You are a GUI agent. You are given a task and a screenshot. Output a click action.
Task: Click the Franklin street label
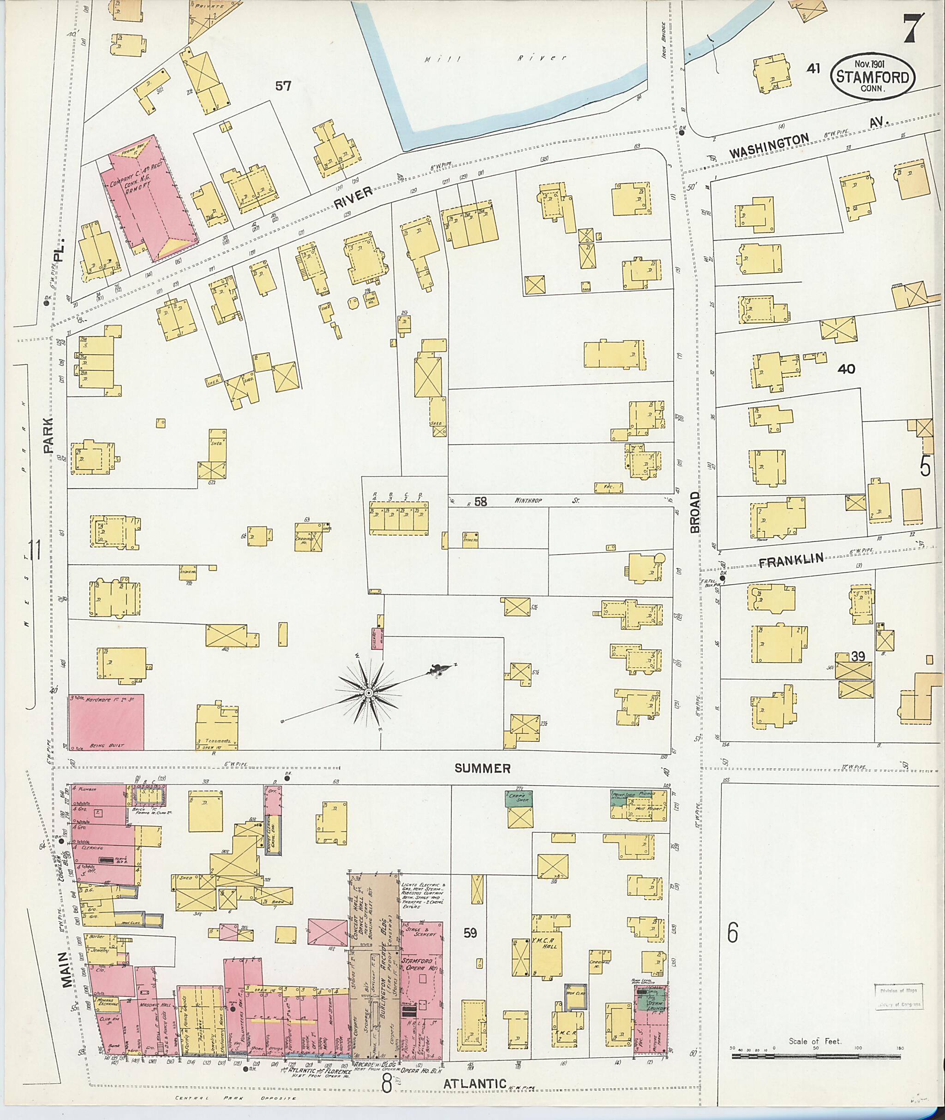point(791,560)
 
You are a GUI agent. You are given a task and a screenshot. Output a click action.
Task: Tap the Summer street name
point(482,768)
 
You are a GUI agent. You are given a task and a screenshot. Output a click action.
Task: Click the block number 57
point(283,85)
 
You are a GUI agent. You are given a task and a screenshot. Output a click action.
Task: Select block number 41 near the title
point(813,69)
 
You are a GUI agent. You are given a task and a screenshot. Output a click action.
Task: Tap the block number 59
point(470,933)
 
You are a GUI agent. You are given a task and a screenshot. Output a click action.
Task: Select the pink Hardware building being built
point(106,722)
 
